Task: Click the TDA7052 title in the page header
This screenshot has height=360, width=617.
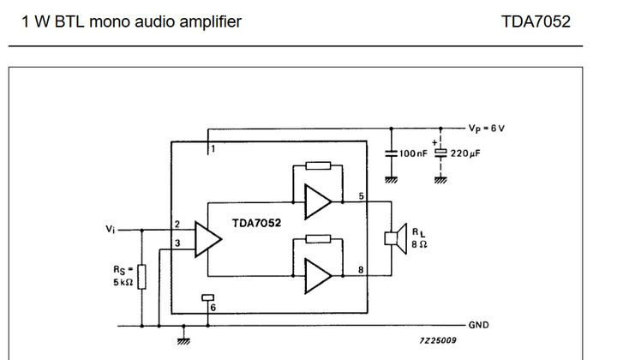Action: [x=536, y=21]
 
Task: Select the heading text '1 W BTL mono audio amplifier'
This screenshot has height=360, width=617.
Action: [x=125, y=21]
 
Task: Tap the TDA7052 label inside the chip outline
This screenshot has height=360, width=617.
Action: [x=258, y=222]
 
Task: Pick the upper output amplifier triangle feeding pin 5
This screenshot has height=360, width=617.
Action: [x=318, y=203]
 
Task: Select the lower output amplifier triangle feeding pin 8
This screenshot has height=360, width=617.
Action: [x=318, y=274]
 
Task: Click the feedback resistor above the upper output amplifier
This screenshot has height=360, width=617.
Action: [x=317, y=166]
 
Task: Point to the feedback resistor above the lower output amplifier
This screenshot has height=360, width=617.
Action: [x=317, y=238]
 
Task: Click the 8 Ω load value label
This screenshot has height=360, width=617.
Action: [x=418, y=244]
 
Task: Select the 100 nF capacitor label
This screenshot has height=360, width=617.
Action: [x=413, y=153]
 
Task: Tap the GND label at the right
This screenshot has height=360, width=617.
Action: [x=479, y=326]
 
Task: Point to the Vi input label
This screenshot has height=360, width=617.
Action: [x=110, y=229]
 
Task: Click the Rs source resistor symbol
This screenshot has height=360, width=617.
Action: [x=142, y=276]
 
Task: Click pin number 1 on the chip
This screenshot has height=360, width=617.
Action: [x=213, y=149]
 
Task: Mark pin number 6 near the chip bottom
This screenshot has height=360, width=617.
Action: [x=213, y=307]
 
